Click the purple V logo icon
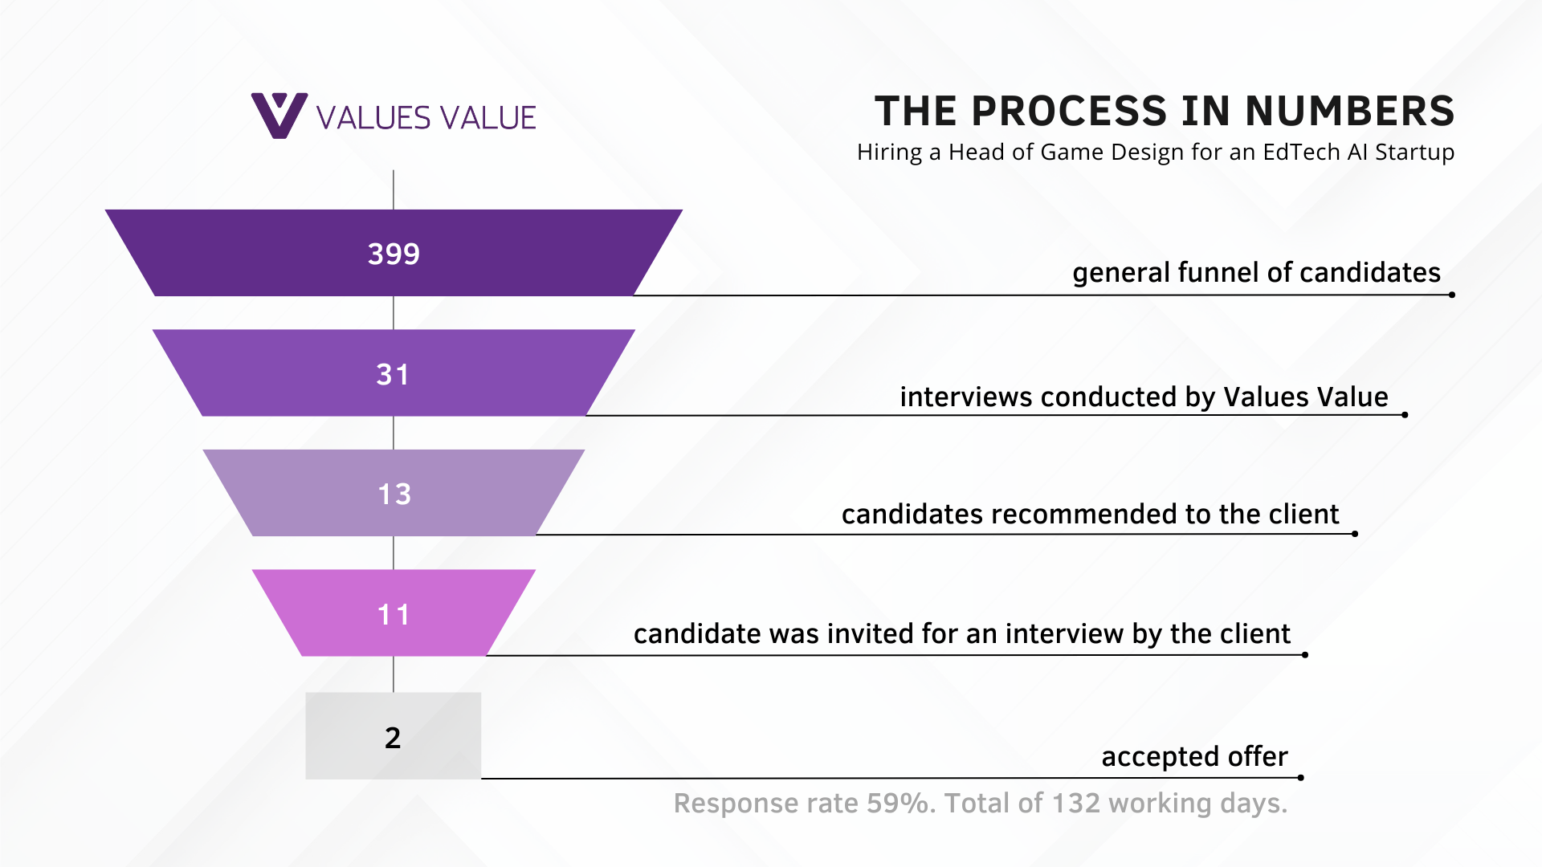pos(279,116)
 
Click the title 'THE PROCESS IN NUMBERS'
pos(1165,111)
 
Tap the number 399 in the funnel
pos(394,254)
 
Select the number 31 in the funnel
pos(393,374)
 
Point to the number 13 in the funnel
pos(394,494)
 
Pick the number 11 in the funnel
pos(394,614)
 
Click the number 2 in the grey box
pos(393,737)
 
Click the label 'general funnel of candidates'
pos(1256,273)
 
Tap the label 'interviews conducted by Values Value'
pos(1144,397)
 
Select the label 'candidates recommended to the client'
pos(1090,514)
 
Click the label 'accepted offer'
pos(1194,756)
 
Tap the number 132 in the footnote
pos(1075,803)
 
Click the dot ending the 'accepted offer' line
pos(1300,777)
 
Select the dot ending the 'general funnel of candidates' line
pos(1452,295)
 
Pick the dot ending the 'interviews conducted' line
pos(1405,415)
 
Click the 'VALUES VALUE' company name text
pos(426,118)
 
